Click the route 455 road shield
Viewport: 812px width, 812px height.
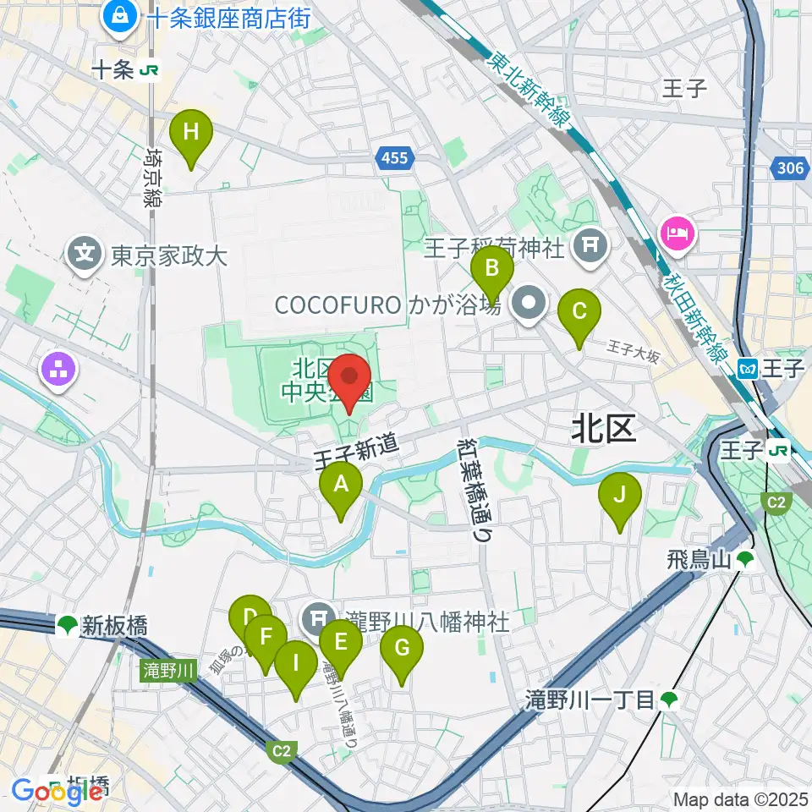click(393, 158)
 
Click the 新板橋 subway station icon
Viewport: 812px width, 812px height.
click(66, 626)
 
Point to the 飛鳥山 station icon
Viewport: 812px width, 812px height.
click(744, 559)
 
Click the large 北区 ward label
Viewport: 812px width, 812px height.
click(602, 430)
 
